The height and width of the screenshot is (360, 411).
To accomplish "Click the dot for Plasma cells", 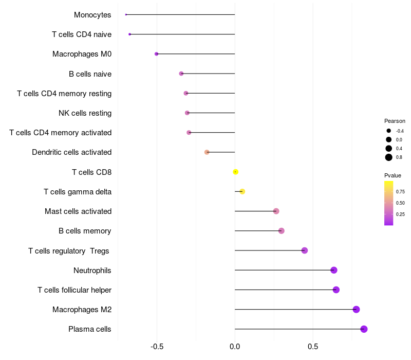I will [364, 329].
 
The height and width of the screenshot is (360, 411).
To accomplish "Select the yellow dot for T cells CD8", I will [235, 172].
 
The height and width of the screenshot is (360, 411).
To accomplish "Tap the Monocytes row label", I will [92, 15].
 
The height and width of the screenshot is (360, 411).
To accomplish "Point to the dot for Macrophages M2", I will [356, 310].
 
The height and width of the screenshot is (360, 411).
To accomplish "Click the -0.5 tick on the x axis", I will [157, 347].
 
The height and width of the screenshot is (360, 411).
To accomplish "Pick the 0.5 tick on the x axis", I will [313, 347].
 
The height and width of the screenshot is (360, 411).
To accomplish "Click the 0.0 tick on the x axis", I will [235, 347].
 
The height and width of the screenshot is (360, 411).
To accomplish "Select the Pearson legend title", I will [395, 121].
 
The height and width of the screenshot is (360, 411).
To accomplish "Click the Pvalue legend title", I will [393, 175].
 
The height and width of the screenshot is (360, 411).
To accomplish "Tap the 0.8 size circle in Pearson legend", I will [389, 157].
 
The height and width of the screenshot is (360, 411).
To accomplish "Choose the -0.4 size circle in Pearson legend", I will [389, 131].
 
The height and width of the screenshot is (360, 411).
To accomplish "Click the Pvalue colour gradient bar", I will [389, 203].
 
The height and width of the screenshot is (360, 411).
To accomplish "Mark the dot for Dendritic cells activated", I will [207, 152].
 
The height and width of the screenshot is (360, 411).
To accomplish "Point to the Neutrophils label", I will [92, 271].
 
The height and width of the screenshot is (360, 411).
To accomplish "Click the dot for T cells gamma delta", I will [242, 192].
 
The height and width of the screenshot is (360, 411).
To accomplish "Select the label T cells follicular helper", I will [74, 290].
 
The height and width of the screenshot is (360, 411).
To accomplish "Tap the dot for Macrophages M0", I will [157, 54].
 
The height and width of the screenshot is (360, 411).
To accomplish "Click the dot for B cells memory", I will [282, 231].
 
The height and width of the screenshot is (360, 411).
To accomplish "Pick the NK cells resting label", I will [85, 113].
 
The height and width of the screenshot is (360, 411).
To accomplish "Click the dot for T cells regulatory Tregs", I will [305, 250].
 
